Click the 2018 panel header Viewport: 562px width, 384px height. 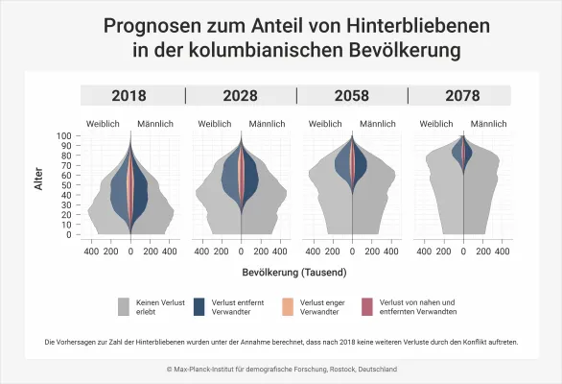pyautogui.click(x=130, y=95)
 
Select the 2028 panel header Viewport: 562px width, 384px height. pyautogui.click(x=240, y=95)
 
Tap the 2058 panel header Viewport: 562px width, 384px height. pyautogui.click(x=352, y=95)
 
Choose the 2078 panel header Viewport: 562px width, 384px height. pyautogui.click(x=462, y=95)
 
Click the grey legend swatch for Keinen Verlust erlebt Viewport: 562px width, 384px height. pyautogui.click(x=124, y=307)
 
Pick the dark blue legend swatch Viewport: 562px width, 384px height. pyautogui.click(x=199, y=307)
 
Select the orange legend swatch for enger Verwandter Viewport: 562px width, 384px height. pyautogui.click(x=282, y=307)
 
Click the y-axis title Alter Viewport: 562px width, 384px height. pyautogui.click(x=39, y=179)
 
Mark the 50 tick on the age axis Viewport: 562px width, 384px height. pyautogui.click(x=69, y=185)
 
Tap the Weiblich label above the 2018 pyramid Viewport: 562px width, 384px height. pyautogui.click(x=104, y=123)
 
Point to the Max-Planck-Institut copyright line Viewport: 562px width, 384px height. pyautogui.click(x=281, y=369)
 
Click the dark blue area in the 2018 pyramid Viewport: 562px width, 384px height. pyautogui.click(x=140, y=197)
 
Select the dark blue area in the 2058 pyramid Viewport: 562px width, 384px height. pyautogui.click(x=342, y=163)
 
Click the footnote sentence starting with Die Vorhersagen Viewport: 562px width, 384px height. pyautogui.click(x=281, y=342)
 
